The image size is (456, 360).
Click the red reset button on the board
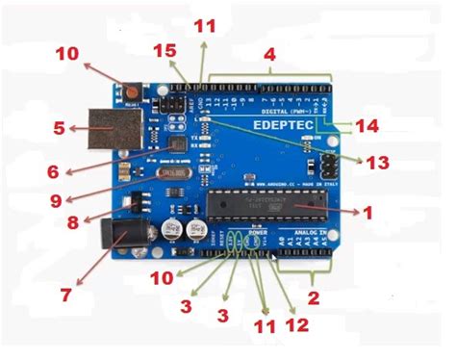point(130,93)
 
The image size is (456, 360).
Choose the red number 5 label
point(58,125)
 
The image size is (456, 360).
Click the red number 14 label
point(367,124)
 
